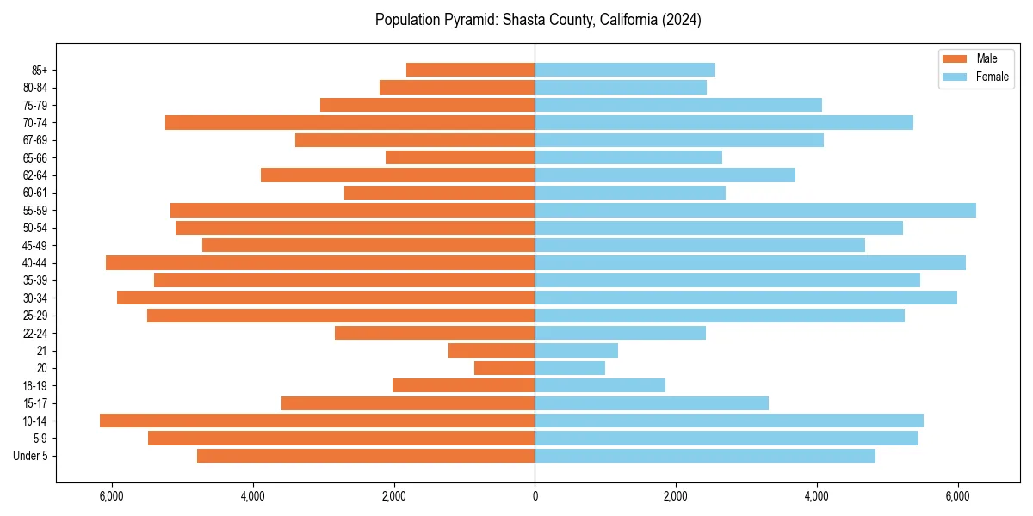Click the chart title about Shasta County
pyautogui.click(x=538, y=20)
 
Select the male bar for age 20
pyautogui.click(x=504, y=368)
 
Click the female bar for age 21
pyautogui.click(x=576, y=350)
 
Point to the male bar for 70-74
pyautogui.click(x=349, y=122)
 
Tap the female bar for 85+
pyautogui.click(x=625, y=70)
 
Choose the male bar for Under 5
pyautogui.click(x=366, y=456)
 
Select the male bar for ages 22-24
pyautogui.click(x=435, y=333)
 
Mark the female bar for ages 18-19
pyautogui.click(x=600, y=385)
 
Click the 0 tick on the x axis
pyautogui.click(x=535, y=496)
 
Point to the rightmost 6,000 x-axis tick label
pyautogui.click(x=957, y=496)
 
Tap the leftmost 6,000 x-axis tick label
pyautogui.click(x=112, y=496)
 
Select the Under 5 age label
pyautogui.click(x=30, y=456)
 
